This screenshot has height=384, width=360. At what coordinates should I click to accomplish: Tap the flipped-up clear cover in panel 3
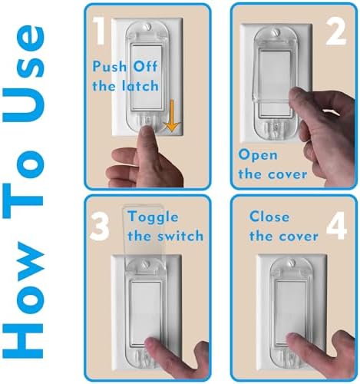pyautogui.click(x=147, y=230)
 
